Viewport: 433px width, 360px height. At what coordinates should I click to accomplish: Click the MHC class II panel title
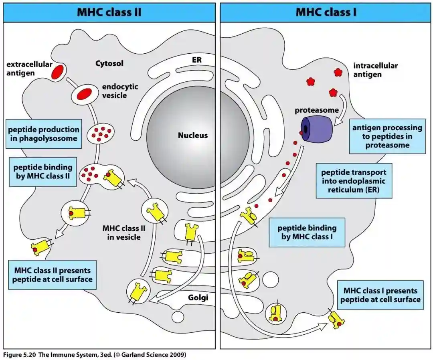click(x=109, y=12)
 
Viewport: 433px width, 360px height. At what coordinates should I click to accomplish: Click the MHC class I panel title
click(x=326, y=12)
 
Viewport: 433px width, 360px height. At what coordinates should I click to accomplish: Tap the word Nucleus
click(x=193, y=135)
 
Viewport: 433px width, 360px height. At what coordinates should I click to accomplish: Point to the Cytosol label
click(x=109, y=63)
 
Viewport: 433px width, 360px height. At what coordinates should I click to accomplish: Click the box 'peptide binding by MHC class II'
click(x=43, y=172)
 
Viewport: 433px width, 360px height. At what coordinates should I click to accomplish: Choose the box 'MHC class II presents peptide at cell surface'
click(x=52, y=275)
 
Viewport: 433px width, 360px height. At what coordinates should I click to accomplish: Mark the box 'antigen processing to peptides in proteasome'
click(x=387, y=136)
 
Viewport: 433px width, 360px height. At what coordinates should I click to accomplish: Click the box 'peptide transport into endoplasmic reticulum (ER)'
click(x=354, y=180)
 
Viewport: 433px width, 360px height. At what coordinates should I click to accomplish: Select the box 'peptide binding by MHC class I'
click(x=307, y=233)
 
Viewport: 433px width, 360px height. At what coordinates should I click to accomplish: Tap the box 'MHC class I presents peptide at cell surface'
click(x=380, y=295)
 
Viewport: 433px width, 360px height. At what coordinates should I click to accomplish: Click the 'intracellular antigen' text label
click(x=375, y=70)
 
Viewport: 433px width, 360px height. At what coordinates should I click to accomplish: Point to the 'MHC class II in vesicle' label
click(x=123, y=233)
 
